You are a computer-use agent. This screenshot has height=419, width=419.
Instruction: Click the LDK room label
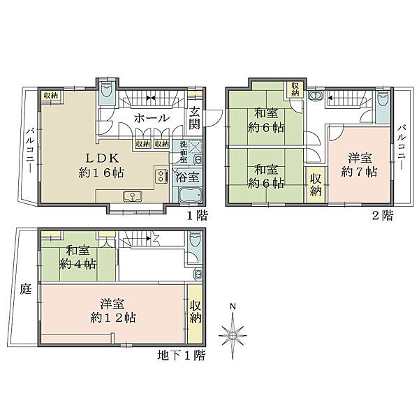101,166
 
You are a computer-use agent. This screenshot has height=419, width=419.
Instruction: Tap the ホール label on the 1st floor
152,118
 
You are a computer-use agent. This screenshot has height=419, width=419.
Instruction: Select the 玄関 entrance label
195,119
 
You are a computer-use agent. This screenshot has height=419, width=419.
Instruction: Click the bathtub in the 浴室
190,196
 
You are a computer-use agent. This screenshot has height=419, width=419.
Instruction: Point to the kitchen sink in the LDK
132,196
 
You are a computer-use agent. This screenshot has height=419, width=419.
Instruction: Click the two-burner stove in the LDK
161,176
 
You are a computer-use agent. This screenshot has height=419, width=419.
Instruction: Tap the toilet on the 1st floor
107,89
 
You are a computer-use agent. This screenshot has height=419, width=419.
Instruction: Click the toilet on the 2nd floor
383,98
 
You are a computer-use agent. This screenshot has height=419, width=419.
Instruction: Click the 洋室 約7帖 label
360,165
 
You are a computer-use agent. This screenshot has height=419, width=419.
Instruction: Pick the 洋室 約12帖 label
113,311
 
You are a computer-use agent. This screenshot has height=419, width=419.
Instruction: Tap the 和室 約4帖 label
78,258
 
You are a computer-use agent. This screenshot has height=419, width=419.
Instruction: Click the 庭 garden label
26,289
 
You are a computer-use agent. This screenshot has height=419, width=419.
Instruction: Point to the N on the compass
233,307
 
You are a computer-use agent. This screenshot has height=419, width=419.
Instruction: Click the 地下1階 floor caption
182,355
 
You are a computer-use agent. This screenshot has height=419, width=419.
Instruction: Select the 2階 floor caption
383,215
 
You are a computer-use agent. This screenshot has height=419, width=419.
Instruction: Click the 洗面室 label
184,152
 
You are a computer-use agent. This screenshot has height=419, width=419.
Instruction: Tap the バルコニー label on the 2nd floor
402,147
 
